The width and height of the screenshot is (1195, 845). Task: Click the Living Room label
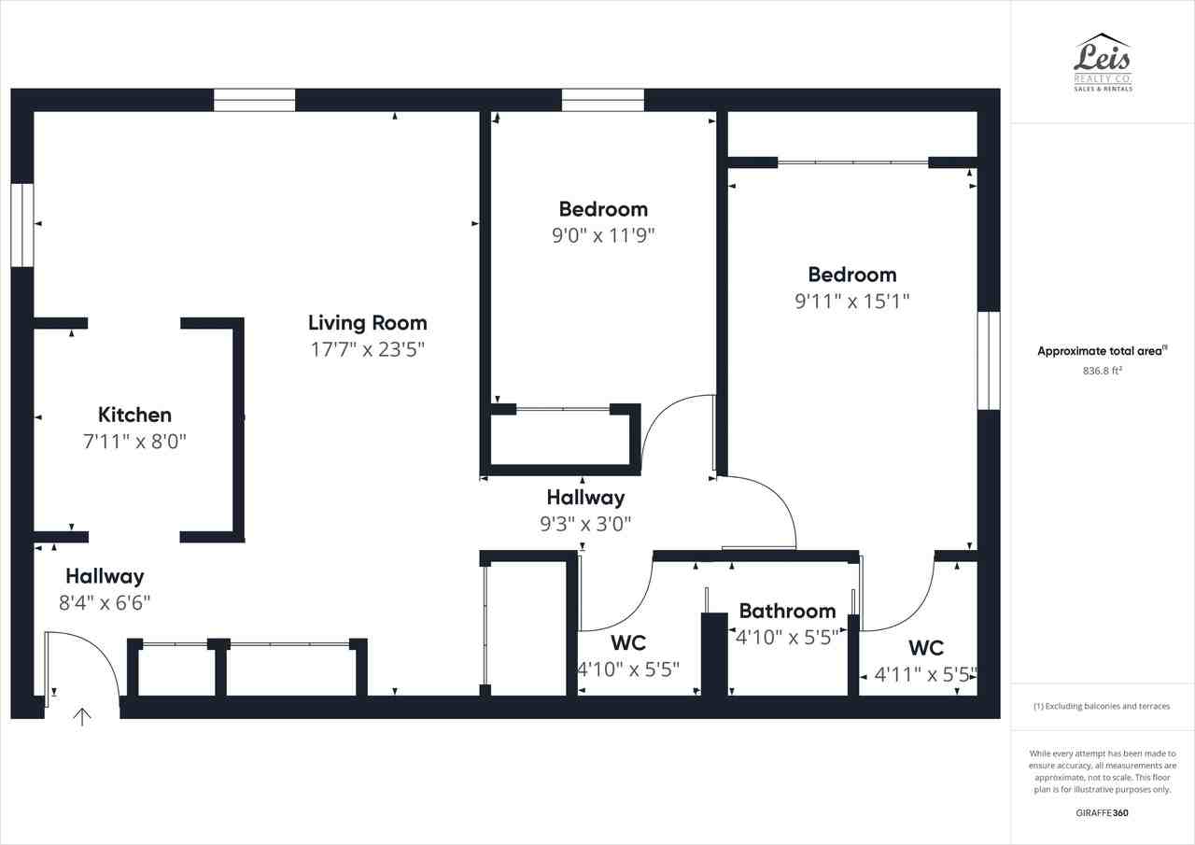coord(367,323)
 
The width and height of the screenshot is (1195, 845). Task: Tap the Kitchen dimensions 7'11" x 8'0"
coord(134,442)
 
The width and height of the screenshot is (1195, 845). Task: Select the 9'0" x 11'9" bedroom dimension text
coord(603,235)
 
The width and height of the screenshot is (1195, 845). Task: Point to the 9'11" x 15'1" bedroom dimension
coord(851,301)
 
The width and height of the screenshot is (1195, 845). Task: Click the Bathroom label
coord(787,611)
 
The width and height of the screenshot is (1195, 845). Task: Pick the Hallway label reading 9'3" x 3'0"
coord(585,498)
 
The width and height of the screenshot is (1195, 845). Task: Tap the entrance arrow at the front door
coord(82,717)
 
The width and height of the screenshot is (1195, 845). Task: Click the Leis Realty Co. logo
coord(1103,63)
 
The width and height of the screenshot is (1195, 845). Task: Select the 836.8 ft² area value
coord(1102,371)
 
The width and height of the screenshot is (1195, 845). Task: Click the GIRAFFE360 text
coord(1102,813)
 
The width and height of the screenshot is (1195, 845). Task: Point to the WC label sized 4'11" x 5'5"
coord(925,648)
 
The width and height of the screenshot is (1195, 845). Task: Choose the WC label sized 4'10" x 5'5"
coord(628,643)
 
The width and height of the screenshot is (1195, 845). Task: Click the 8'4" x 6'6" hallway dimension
coord(105,603)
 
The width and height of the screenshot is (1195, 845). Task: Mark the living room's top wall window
coord(254,100)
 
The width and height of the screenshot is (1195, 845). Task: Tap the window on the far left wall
coord(22,225)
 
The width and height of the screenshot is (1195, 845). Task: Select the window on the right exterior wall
coord(988,360)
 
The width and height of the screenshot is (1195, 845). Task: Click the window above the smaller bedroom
coord(602,100)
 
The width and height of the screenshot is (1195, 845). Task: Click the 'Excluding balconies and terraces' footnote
coord(1102,707)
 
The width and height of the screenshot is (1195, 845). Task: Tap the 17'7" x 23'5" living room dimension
coord(367,350)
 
